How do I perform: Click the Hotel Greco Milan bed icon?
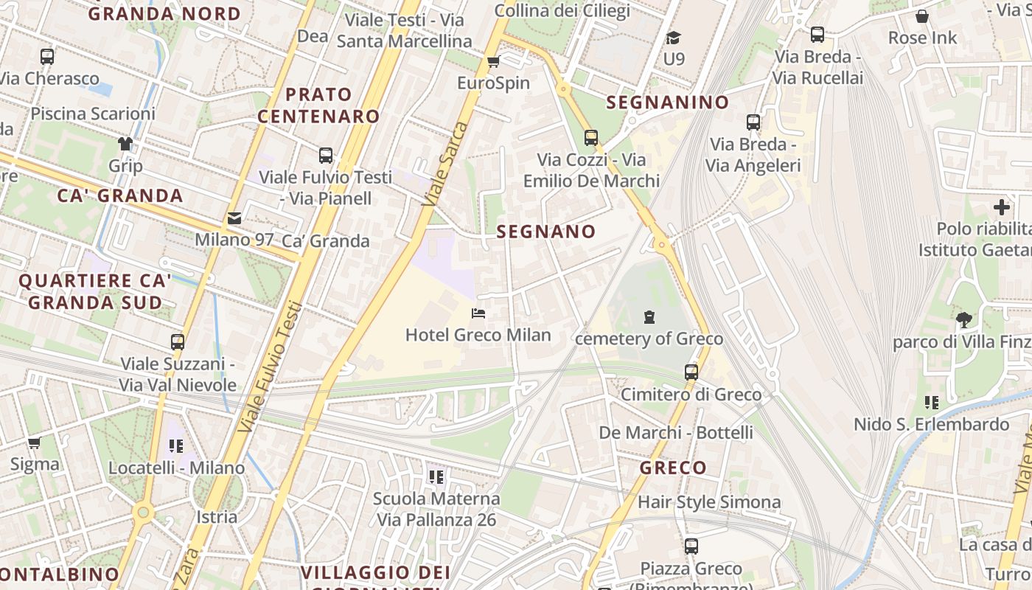pyautogui.click(x=478, y=313)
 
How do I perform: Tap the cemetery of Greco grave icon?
pyautogui.click(x=649, y=317)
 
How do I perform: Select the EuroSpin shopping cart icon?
pyautogui.click(x=493, y=61)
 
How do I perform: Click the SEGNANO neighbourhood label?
pyautogui.click(x=545, y=232)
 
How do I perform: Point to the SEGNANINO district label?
pyautogui.click(x=667, y=103)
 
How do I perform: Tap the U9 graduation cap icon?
pyautogui.click(x=673, y=38)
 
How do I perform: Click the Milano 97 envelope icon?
pyautogui.click(x=234, y=218)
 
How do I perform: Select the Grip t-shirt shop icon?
pyautogui.click(x=125, y=143)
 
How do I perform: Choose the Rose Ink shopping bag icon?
pyautogui.click(x=921, y=16)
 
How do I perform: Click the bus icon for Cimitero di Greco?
pyautogui.click(x=691, y=372)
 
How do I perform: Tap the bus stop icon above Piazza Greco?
pyautogui.click(x=691, y=546)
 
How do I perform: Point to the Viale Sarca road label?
pyautogui.click(x=447, y=164)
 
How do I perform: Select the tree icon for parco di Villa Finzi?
pyautogui.click(x=963, y=319)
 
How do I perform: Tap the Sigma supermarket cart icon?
pyautogui.click(x=34, y=442)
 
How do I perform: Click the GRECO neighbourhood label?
pyautogui.click(x=673, y=468)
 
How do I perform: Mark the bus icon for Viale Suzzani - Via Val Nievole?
pyautogui.click(x=178, y=342)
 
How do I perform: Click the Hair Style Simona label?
pyautogui.click(x=709, y=502)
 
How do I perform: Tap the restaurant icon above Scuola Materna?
pyautogui.click(x=436, y=477)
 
